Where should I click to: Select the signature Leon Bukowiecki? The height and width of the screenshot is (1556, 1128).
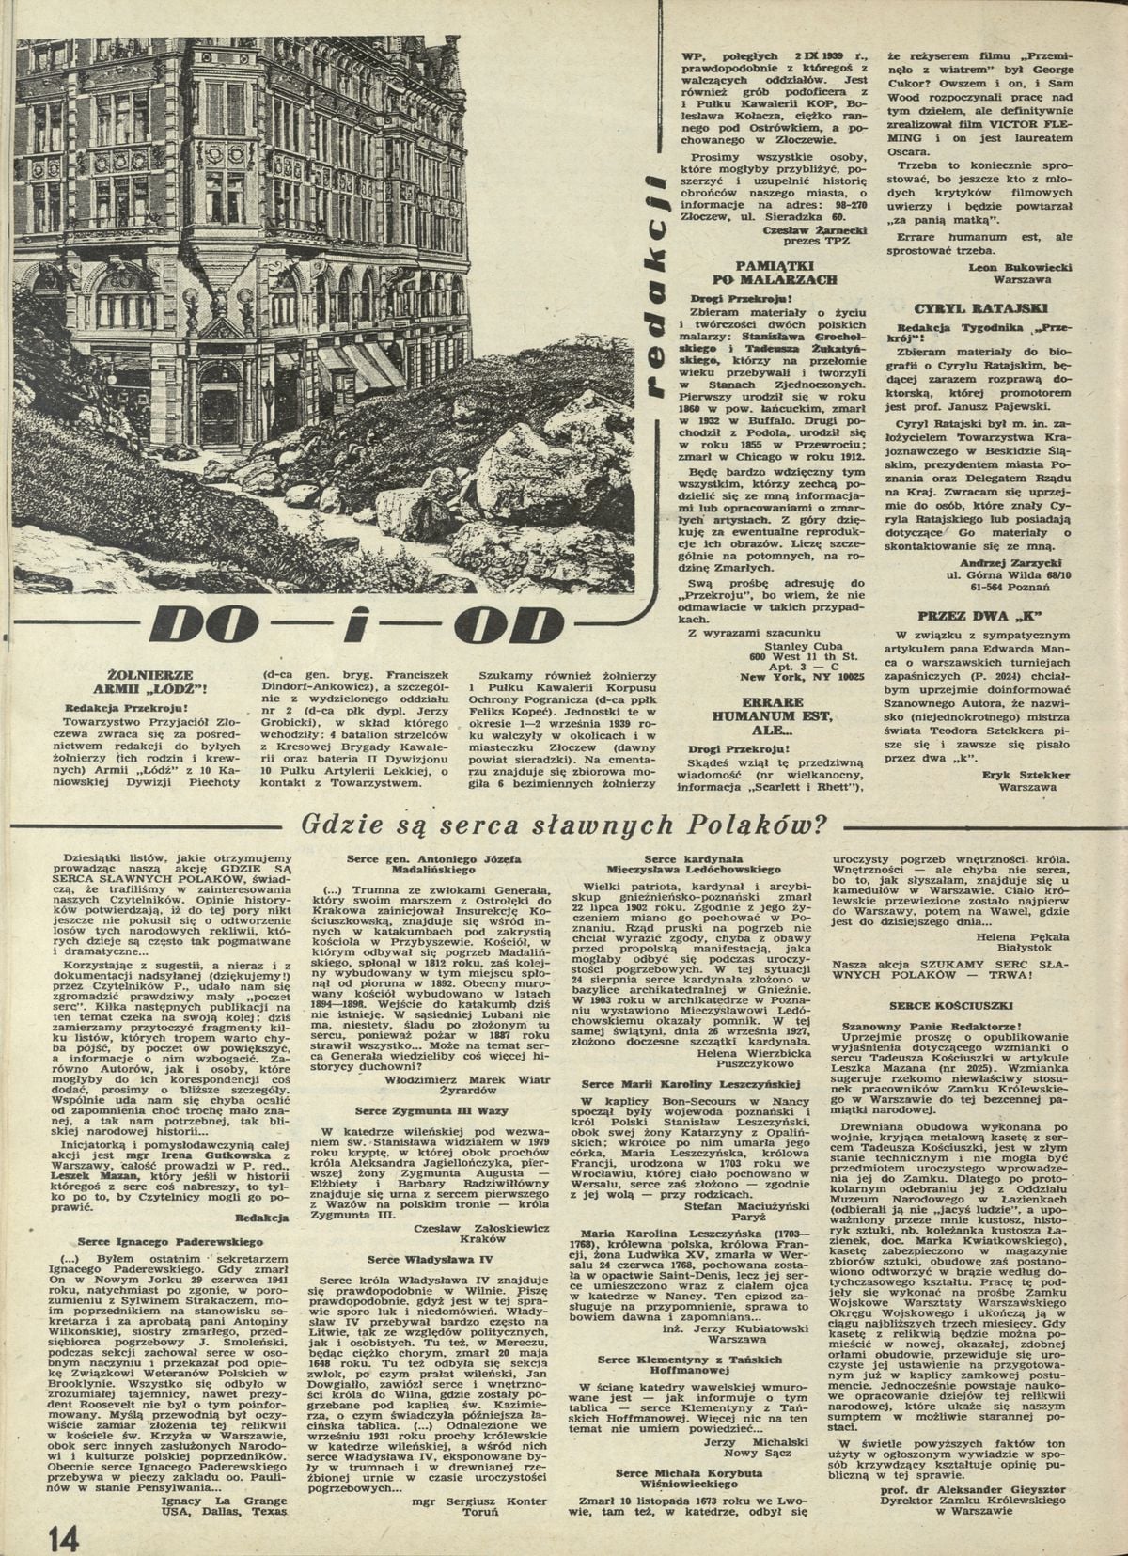[1020, 267]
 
